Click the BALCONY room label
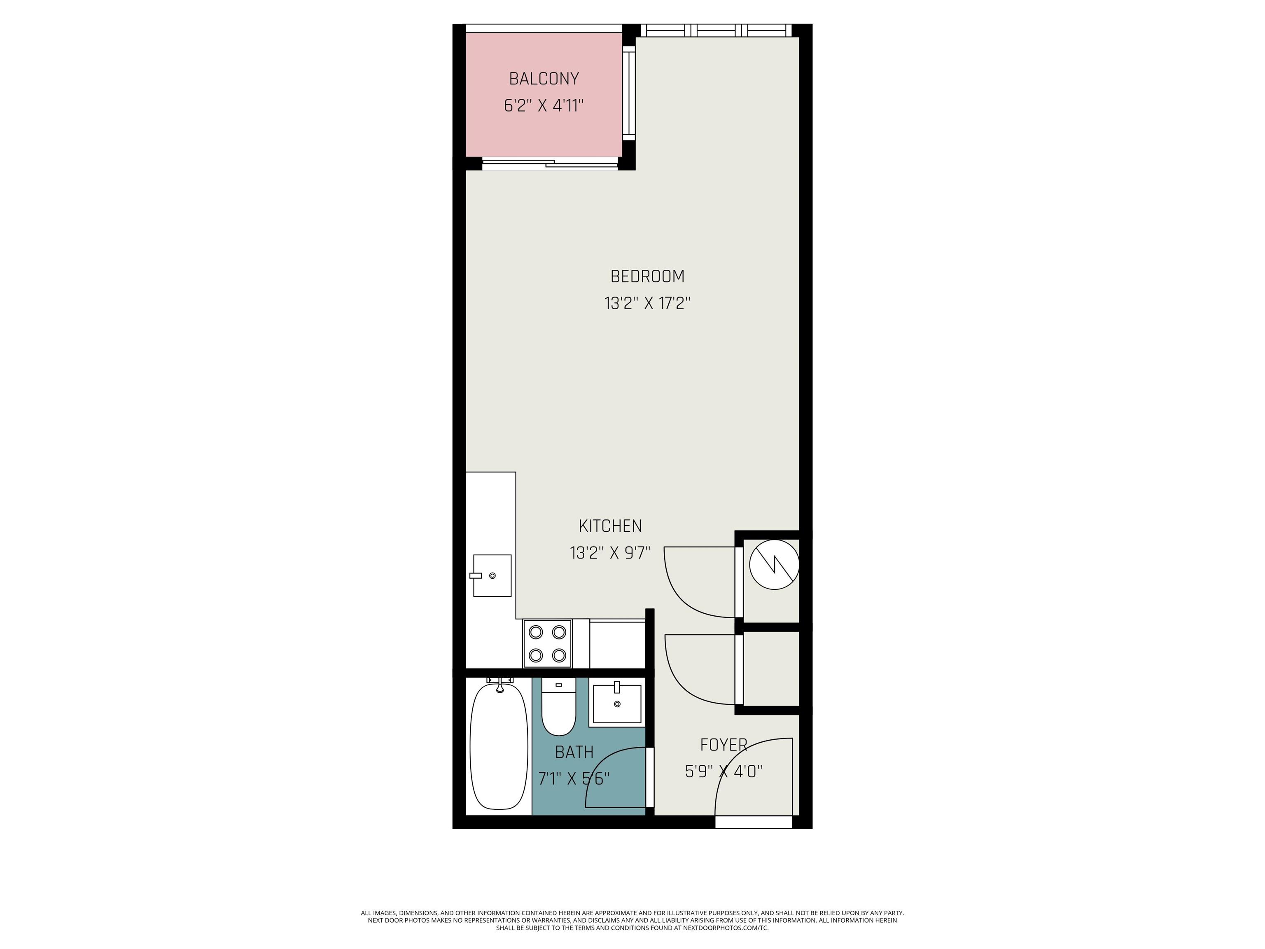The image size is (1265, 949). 544,78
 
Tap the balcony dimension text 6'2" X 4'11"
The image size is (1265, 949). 544,105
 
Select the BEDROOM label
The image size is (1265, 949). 647,276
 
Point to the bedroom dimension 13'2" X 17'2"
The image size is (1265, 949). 647,303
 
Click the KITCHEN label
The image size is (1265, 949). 610,526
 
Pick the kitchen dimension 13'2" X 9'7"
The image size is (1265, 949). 610,553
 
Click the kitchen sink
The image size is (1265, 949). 492,575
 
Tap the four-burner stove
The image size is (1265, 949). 547,643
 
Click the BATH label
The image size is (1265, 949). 574,752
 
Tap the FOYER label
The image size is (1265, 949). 724,745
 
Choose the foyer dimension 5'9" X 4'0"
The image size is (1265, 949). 724,771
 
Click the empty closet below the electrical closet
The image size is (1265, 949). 771,669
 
